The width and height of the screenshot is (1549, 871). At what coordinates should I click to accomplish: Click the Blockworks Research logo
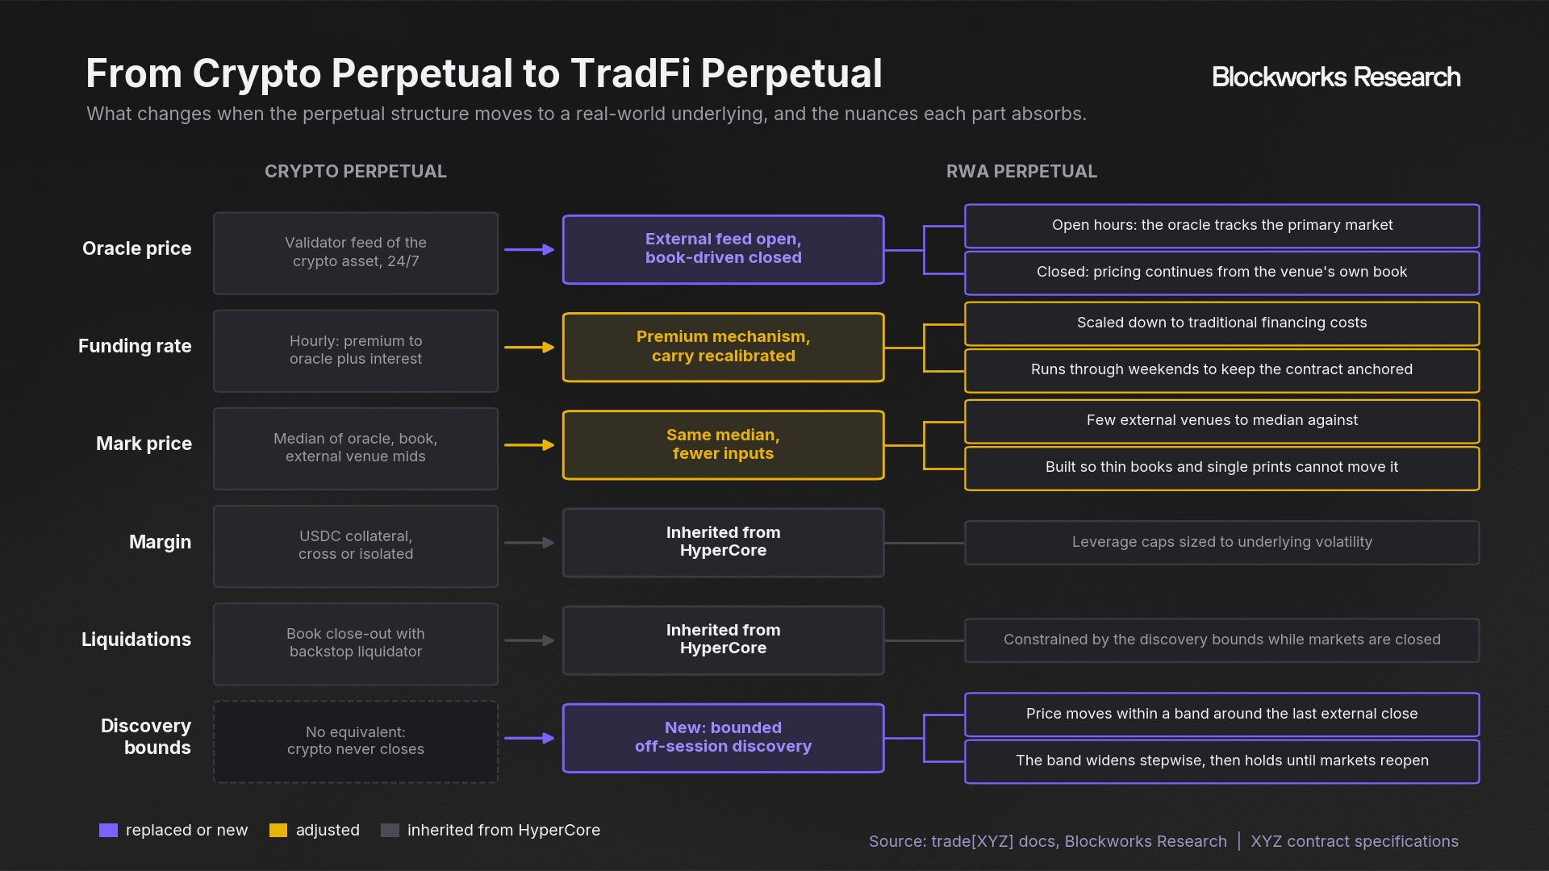1336,77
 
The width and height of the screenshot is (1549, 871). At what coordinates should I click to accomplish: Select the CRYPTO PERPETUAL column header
356,171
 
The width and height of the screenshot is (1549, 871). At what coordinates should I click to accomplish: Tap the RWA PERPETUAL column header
1021,171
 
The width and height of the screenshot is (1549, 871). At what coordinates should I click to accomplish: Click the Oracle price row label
137,248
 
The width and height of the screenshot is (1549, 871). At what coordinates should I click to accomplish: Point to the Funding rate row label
135,346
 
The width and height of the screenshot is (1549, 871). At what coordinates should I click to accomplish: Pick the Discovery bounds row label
146,736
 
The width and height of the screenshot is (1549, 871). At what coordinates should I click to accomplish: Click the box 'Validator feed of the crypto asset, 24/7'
356,253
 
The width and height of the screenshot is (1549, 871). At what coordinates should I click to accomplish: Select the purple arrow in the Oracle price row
529,250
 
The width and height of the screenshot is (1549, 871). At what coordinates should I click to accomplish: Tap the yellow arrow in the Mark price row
529,445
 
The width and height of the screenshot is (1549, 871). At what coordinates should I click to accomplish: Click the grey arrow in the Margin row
529,543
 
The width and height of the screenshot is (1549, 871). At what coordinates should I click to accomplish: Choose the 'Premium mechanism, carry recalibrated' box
723,347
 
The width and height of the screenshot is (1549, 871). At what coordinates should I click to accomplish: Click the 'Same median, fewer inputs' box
723,444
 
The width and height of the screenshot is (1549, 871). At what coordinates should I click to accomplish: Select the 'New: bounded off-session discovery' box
723,738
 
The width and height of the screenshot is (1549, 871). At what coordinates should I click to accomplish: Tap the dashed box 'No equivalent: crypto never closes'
356,742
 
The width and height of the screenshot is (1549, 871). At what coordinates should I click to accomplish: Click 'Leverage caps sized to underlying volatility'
1221,543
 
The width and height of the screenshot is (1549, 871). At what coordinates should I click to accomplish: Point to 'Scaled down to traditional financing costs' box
1221,323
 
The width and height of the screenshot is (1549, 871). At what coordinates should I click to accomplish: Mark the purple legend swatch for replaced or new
108,831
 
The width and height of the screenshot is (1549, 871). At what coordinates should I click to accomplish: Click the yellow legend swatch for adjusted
278,831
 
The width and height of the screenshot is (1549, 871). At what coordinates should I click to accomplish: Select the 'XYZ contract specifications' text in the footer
1355,841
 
